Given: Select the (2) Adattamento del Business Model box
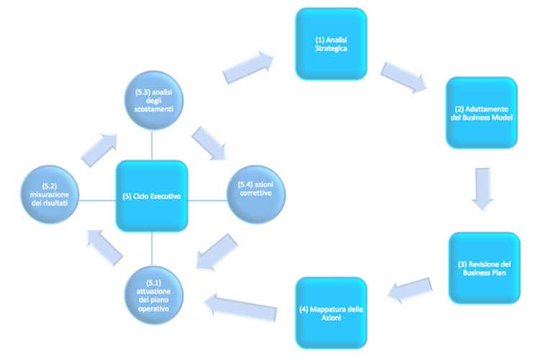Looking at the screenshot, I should coord(481,113).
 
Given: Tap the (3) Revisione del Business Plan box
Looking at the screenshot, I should coord(484,267).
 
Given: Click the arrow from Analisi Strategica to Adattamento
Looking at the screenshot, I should coord(403,78).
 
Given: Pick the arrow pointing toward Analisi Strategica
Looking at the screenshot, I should coord(249,67).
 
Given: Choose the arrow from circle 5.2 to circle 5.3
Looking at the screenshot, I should coord(98,147).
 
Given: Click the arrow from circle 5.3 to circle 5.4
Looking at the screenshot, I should coord(209,143).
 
